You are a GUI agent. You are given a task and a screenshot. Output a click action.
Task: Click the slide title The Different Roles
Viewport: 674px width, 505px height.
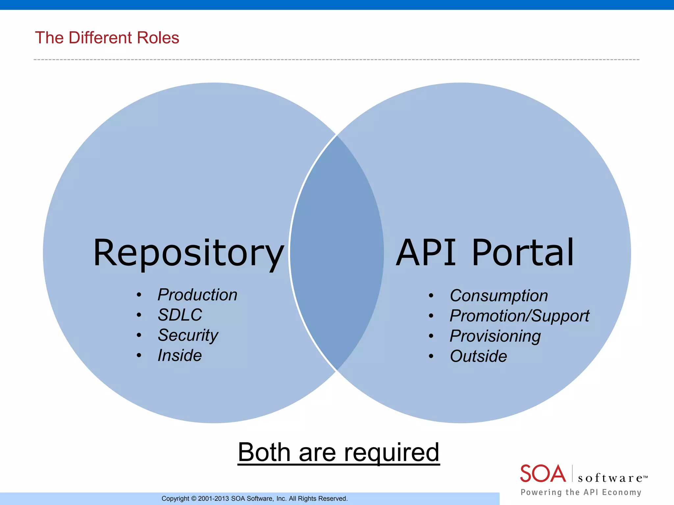[107, 37]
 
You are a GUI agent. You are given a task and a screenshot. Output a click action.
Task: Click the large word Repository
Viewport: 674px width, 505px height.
[188, 253]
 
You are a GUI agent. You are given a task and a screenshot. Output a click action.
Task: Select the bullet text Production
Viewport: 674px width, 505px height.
[197, 295]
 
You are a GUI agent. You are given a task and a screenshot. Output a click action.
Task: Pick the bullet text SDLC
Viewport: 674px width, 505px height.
[180, 315]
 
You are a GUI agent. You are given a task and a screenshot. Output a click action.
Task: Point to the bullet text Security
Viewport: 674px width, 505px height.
[188, 335]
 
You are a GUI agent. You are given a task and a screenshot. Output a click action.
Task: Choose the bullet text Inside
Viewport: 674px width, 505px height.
[179, 355]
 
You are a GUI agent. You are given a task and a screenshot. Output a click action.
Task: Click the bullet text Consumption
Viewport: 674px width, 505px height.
[499, 296]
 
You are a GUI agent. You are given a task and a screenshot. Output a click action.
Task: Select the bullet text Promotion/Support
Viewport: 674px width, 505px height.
[519, 316]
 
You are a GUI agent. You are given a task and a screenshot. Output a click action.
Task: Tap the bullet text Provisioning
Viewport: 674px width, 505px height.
[495, 336]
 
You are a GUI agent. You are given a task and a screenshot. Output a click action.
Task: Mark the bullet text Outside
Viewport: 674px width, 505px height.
[478, 356]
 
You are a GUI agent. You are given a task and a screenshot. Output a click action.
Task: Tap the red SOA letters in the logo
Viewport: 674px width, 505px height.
[543, 474]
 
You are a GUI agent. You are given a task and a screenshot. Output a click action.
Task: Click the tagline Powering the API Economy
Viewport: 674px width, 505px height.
[581, 492]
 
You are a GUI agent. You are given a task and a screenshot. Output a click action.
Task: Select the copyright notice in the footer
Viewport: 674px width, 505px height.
[254, 498]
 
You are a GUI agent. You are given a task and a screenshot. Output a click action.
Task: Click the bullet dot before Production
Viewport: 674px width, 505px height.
[139, 295]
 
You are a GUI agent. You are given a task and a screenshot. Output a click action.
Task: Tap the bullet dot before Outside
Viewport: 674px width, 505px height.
[431, 356]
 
